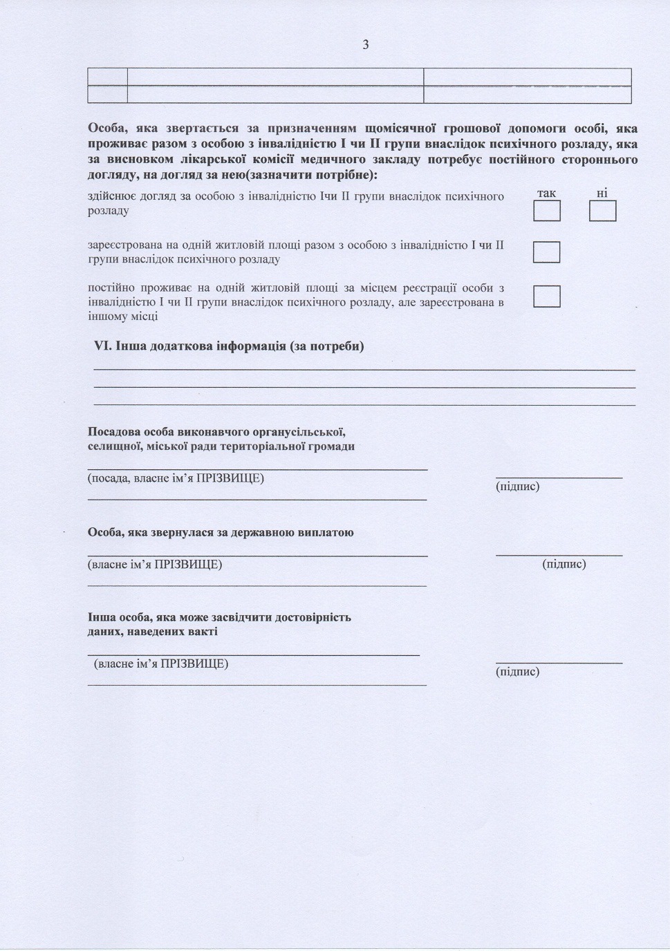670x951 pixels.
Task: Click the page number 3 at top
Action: pos(365,45)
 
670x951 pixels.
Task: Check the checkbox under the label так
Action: pos(546,211)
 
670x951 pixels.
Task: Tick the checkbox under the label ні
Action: pos(602,211)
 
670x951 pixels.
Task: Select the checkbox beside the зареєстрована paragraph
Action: pos(546,252)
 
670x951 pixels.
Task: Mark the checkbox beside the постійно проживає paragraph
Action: pos(546,296)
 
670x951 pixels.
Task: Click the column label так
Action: pos(546,194)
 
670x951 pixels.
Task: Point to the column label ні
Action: pos(602,194)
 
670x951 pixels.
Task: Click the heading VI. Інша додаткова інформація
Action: pos(229,346)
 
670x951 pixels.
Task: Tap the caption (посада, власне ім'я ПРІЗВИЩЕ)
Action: pos(176,478)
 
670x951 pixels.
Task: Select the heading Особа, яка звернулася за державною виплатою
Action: pos(221,533)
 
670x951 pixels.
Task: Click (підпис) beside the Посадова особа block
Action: pos(518,487)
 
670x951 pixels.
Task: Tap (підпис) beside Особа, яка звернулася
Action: pos(564,564)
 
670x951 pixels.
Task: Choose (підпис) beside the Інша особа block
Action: pos(518,672)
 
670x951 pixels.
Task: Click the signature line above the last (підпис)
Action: pos(559,663)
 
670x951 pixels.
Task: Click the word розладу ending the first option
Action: pos(108,211)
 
